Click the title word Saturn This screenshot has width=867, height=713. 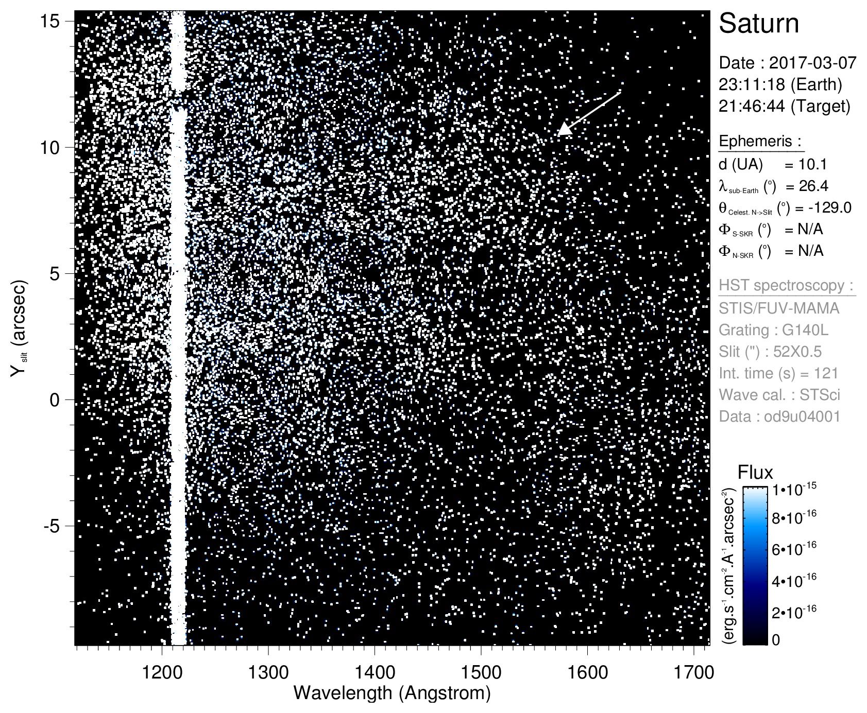coord(759,24)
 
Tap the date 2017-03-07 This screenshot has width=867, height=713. coord(812,63)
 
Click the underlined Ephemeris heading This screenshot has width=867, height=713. coord(760,142)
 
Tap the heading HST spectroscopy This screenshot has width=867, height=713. coord(787,286)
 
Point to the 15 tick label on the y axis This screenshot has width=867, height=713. coord(50,21)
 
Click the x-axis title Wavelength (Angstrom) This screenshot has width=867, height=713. coord(392,693)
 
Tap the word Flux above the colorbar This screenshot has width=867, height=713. coord(755,472)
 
